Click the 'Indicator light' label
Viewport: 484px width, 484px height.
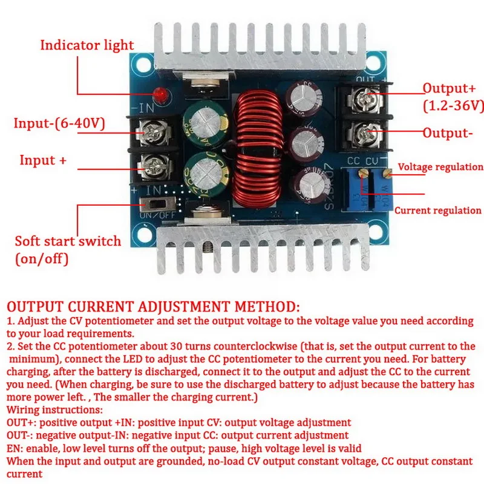(x=87, y=45)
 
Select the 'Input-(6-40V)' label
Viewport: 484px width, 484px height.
(x=60, y=124)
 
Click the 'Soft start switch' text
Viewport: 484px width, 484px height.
(x=68, y=241)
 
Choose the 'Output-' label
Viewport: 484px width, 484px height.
(x=447, y=133)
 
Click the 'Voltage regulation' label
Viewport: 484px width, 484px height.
(x=440, y=167)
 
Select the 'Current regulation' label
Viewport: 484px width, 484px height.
(x=438, y=211)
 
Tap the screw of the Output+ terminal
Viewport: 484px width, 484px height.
(x=364, y=94)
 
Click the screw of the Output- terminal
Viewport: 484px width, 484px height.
(x=364, y=131)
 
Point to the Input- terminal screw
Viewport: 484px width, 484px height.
(x=149, y=129)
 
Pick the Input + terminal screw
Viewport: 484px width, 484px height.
(x=149, y=164)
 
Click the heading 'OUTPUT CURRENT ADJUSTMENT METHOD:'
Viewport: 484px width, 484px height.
(x=152, y=306)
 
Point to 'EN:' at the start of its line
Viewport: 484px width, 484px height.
(x=16, y=448)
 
